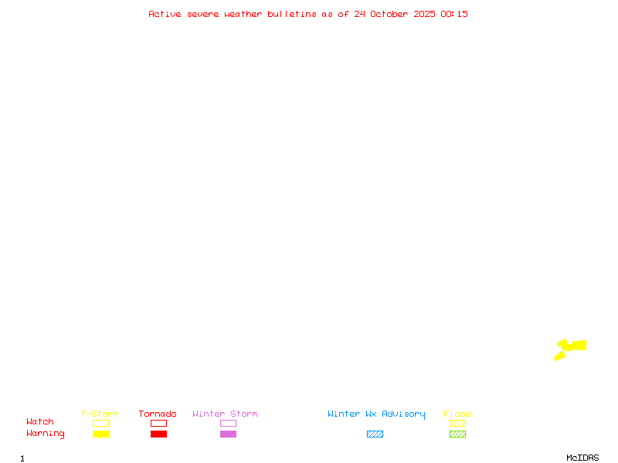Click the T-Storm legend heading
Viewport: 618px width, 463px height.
[x=100, y=414]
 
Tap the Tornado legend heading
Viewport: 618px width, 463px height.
[x=158, y=414]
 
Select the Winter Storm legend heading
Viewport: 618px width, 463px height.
[x=225, y=414]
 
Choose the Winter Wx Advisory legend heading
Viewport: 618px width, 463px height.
[x=376, y=414]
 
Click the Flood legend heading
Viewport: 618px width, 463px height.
[x=457, y=414]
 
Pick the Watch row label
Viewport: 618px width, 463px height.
[x=40, y=422]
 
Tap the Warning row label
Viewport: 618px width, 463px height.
[x=46, y=434]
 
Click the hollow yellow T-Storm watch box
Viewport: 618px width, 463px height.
[x=100, y=423]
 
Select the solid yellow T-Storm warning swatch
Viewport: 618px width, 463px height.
[x=100, y=434]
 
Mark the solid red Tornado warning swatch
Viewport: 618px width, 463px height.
[x=158, y=434]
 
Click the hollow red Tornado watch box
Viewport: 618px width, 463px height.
[x=158, y=423]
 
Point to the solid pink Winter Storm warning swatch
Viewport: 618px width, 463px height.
[x=228, y=434]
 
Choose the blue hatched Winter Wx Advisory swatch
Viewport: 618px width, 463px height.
[x=375, y=434]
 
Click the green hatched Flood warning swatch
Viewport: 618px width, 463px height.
[x=457, y=434]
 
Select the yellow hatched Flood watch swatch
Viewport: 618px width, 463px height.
[x=457, y=423]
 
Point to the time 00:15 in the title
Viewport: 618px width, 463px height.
[x=454, y=14]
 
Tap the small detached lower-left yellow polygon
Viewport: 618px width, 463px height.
[x=559, y=356]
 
